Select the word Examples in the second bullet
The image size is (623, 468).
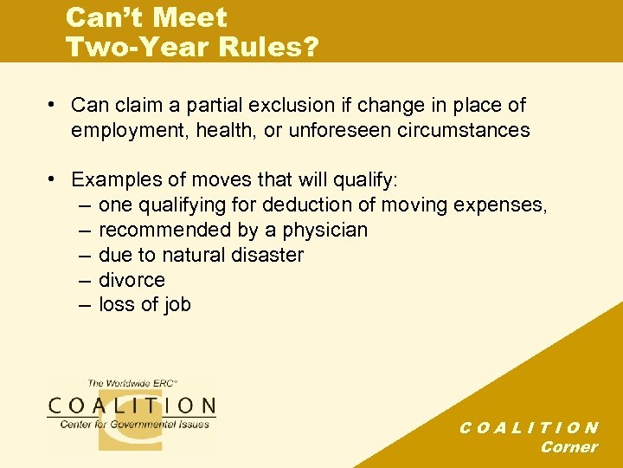tap(113, 180)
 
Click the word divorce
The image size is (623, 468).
tap(132, 280)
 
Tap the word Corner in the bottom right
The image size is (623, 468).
tap(568, 447)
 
